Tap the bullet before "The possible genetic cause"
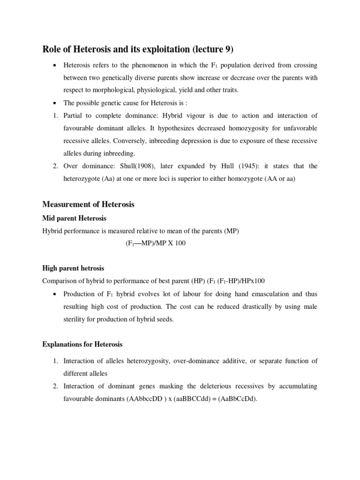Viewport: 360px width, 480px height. click(56, 103)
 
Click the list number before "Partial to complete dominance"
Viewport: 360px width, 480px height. click(55, 116)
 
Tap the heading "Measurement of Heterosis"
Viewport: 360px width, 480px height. click(88, 204)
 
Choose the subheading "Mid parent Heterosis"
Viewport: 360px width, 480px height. click(75, 218)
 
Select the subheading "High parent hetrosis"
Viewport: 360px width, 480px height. click(73, 268)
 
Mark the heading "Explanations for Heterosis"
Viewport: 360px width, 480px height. click(82, 345)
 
